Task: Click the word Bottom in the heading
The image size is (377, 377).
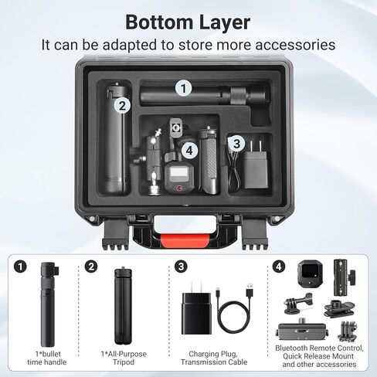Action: (159, 22)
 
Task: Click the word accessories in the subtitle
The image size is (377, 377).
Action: (295, 45)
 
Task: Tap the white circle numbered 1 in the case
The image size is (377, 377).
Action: (184, 88)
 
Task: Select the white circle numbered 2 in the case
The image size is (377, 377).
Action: (123, 106)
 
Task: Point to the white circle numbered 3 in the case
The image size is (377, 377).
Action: (236, 144)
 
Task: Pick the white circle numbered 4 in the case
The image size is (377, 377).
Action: (189, 151)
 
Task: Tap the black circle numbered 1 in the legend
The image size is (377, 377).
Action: (21, 267)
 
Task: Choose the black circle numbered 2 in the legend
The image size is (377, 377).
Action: (91, 267)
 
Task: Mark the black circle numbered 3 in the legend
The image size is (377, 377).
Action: (182, 267)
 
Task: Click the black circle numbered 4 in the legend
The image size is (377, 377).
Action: (279, 267)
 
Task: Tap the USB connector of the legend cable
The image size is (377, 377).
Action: (250, 290)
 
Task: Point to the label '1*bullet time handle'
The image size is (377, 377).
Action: (47, 358)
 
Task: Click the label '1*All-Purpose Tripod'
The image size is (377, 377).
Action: (124, 358)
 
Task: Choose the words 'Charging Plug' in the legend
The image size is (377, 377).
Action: (213, 354)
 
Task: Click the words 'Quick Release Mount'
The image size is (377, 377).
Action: (318, 356)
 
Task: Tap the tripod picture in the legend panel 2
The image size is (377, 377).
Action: (123, 307)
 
